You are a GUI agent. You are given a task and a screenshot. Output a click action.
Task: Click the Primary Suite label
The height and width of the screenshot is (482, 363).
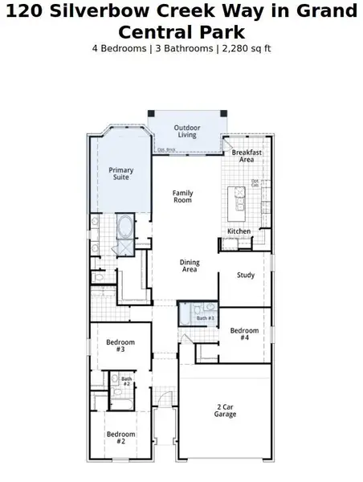pos(120,174)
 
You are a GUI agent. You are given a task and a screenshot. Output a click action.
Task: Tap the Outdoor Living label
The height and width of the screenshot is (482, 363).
pos(187,131)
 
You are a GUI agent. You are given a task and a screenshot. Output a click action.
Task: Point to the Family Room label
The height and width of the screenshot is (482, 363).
pos(183,197)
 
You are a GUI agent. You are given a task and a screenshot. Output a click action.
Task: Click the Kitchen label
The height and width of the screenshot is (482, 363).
pos(239,231)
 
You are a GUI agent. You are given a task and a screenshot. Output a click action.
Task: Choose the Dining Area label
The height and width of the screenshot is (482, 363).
pos(190,267)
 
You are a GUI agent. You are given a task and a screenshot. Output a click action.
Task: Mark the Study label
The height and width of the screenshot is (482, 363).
pos(246,276)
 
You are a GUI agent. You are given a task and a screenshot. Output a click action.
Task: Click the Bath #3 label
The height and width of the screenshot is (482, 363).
pos(206,319)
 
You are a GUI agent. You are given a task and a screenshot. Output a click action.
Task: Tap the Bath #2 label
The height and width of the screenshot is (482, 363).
pos(126,382)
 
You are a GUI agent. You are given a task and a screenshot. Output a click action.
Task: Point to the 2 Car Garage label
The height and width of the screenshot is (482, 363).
pos(226,411)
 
